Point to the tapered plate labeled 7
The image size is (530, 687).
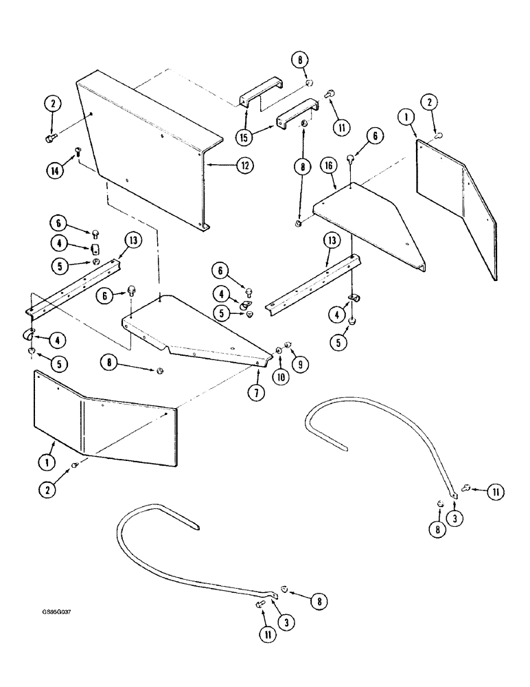pos(199,330)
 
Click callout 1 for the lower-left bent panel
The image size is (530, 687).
pos(47,463)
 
